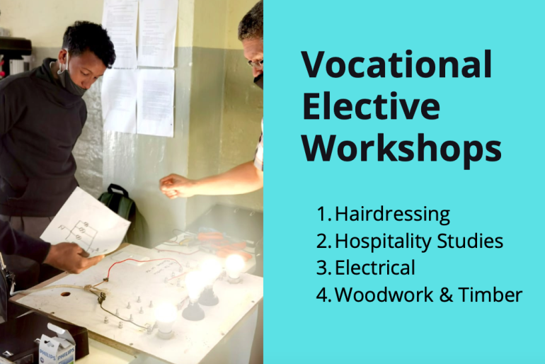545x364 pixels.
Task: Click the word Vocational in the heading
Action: (x=396, y=64)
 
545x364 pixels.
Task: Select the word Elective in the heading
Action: (x=371, y=106)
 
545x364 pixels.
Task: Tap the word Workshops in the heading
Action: (x=401, y=149)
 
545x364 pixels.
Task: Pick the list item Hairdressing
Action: (x=392, y=215)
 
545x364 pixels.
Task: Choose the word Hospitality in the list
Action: (x=384, y=241)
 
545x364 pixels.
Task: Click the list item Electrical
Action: (x=375, y=268)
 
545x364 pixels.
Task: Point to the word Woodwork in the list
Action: (x=384, y=295)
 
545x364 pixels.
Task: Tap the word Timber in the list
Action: (x=490, y=295)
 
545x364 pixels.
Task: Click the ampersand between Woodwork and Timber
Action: (x=446, y=295)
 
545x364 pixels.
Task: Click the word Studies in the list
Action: (x=470, y=241)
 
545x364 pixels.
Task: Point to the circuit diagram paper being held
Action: (x=85, y=222)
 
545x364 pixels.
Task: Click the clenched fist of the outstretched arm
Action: (x=174, y=186)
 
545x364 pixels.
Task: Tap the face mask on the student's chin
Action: (x=69, y=81)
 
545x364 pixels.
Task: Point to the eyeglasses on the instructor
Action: (x=256, y=64)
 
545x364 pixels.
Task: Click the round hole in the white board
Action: (x=65, y=294)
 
